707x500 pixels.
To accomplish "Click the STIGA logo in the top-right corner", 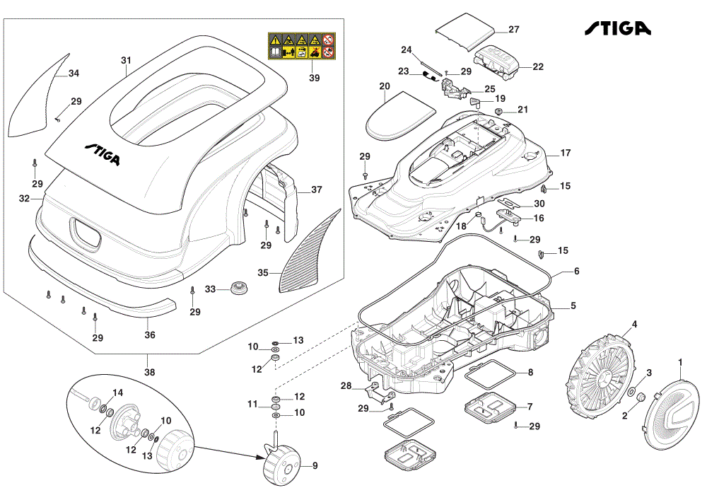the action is [618, 28].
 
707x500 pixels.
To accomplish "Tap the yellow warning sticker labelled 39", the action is [302, 46].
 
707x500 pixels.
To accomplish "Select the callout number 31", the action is [127, 60].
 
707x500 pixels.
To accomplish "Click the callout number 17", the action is [566, 153].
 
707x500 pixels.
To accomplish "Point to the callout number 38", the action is [149, 372].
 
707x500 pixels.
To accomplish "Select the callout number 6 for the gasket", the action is [577, 271].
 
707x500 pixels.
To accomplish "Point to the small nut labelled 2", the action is [641, 397].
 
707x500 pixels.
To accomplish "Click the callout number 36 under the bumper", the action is [150, 335].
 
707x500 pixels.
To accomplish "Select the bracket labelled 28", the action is [380, 393].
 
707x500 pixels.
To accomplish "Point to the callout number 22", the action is [538, 66].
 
